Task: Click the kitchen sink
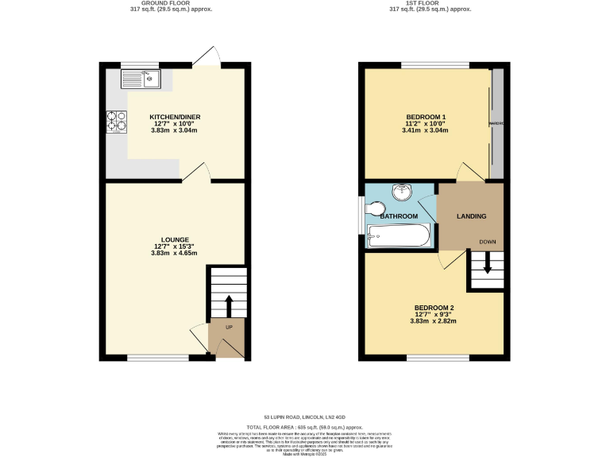click(141, 78)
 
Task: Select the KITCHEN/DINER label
click(175, 117)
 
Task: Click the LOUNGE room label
click(175, 240)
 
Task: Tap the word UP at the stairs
click(230, 328)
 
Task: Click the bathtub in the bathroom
click(399, 236)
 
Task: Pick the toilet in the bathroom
click(375, 208)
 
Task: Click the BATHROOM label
click(399, 216)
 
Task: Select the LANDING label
click(471, 216)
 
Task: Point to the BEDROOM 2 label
click(434, 308)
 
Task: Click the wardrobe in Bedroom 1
click(497, 123)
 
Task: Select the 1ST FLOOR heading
click(430, 3)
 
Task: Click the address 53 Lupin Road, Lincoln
click(305, 417)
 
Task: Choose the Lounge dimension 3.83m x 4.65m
click(175, 254)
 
